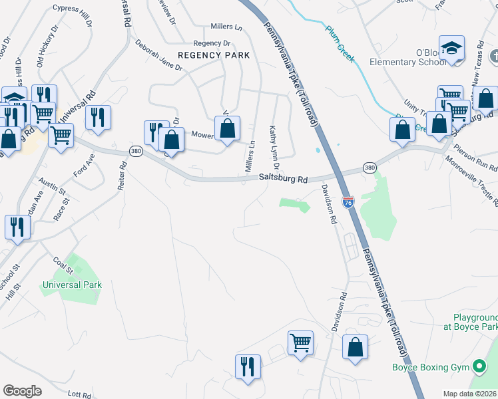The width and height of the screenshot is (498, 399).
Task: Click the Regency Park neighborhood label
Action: tap(213, 55)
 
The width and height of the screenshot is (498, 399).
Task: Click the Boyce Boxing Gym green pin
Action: tap(478, 366)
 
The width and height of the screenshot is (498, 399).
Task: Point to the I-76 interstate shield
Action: tap(348, 201)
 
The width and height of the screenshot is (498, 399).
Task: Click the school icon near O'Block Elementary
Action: tap(452, 49)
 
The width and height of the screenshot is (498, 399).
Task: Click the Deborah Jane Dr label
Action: tap(158, 58)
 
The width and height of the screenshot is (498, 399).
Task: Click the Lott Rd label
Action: tap(79, 394)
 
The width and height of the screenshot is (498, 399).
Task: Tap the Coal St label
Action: tap(63, 265)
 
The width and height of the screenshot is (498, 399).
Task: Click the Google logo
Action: tap(22, 391)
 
